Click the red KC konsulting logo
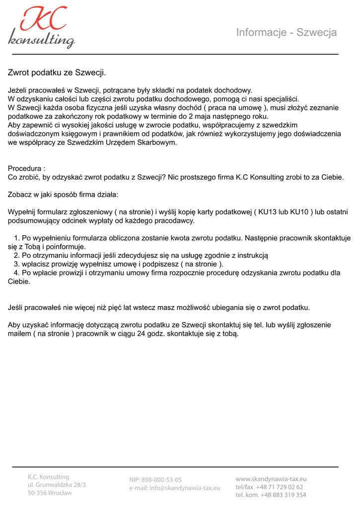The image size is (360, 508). point(42,27)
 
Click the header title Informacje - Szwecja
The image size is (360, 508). point(286,33)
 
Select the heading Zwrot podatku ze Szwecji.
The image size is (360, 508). point(57,73)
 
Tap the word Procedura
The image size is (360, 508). point(25,169)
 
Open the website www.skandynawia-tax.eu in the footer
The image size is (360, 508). point(271,479)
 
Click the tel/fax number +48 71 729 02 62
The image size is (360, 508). point(280,487)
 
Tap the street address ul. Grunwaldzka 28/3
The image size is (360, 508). point(57,485)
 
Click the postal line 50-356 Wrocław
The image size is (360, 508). point(50,493)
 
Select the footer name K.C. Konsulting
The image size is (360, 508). point(49,477)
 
